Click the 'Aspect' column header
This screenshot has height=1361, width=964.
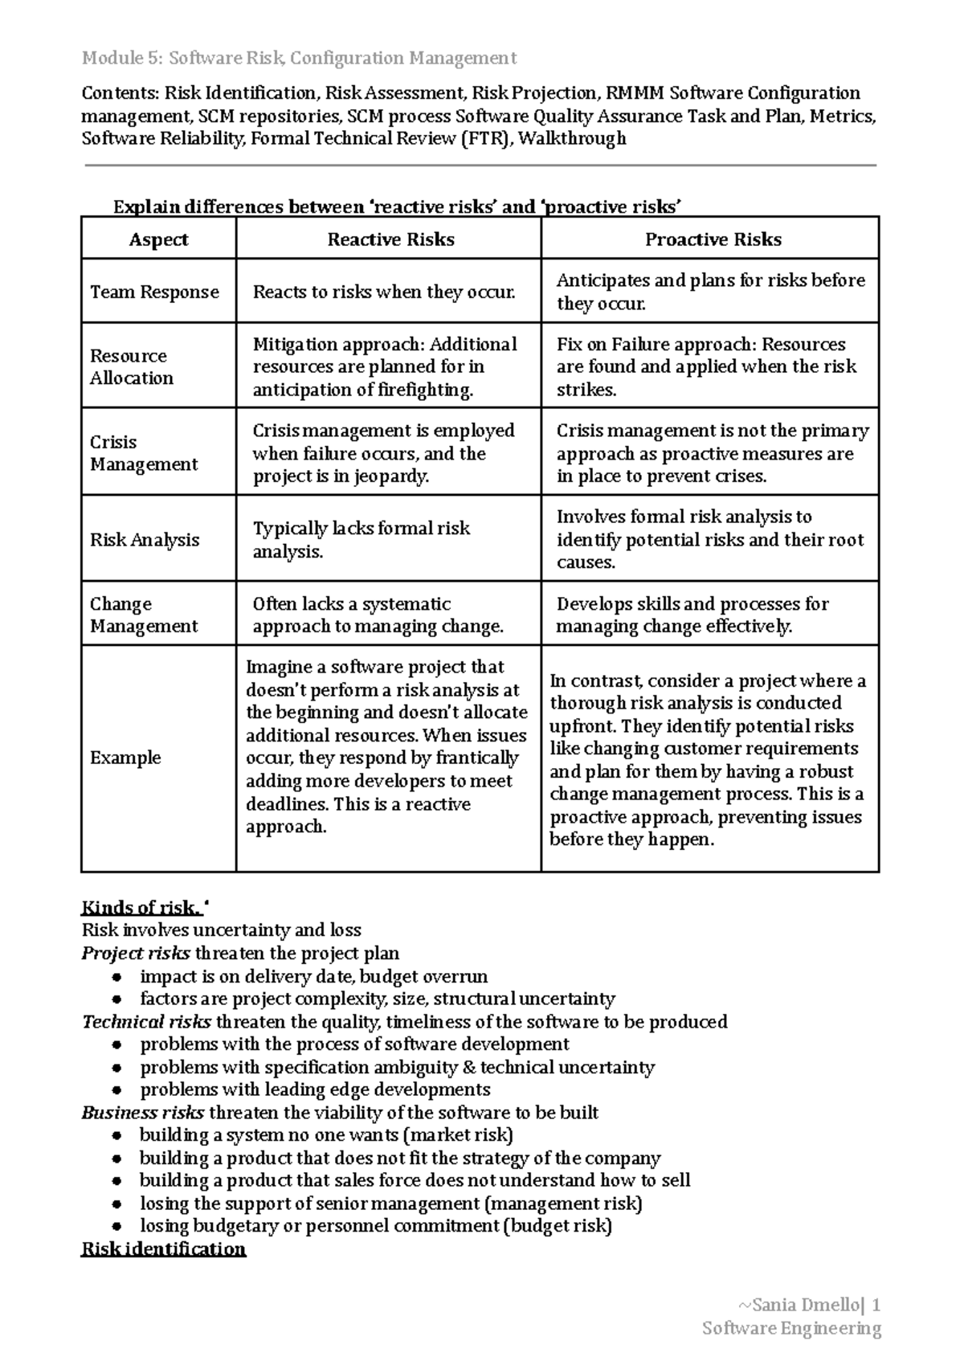[x=158, y=239]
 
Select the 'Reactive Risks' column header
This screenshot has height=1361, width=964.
[x=390, y=239]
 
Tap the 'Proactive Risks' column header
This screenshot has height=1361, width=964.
[x=713, y=239]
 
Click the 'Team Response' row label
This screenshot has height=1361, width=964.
[x=154, y=292]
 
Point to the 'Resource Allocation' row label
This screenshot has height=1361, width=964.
[x=131, y=366]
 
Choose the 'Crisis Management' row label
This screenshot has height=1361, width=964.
[x=143, y=453]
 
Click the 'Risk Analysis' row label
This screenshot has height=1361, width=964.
[x=145, y=540]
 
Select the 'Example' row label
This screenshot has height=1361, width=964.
[x=125, y=758]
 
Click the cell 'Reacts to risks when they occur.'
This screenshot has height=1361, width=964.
[x=384, y=292]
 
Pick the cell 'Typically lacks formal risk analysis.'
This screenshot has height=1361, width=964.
[x=361, y=540]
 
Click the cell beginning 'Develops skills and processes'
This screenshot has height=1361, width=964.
[x=692, y=615]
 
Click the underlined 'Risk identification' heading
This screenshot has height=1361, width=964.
[x=163, y=1249]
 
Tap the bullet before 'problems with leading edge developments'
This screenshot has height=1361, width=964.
[x=117, y=1091]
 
